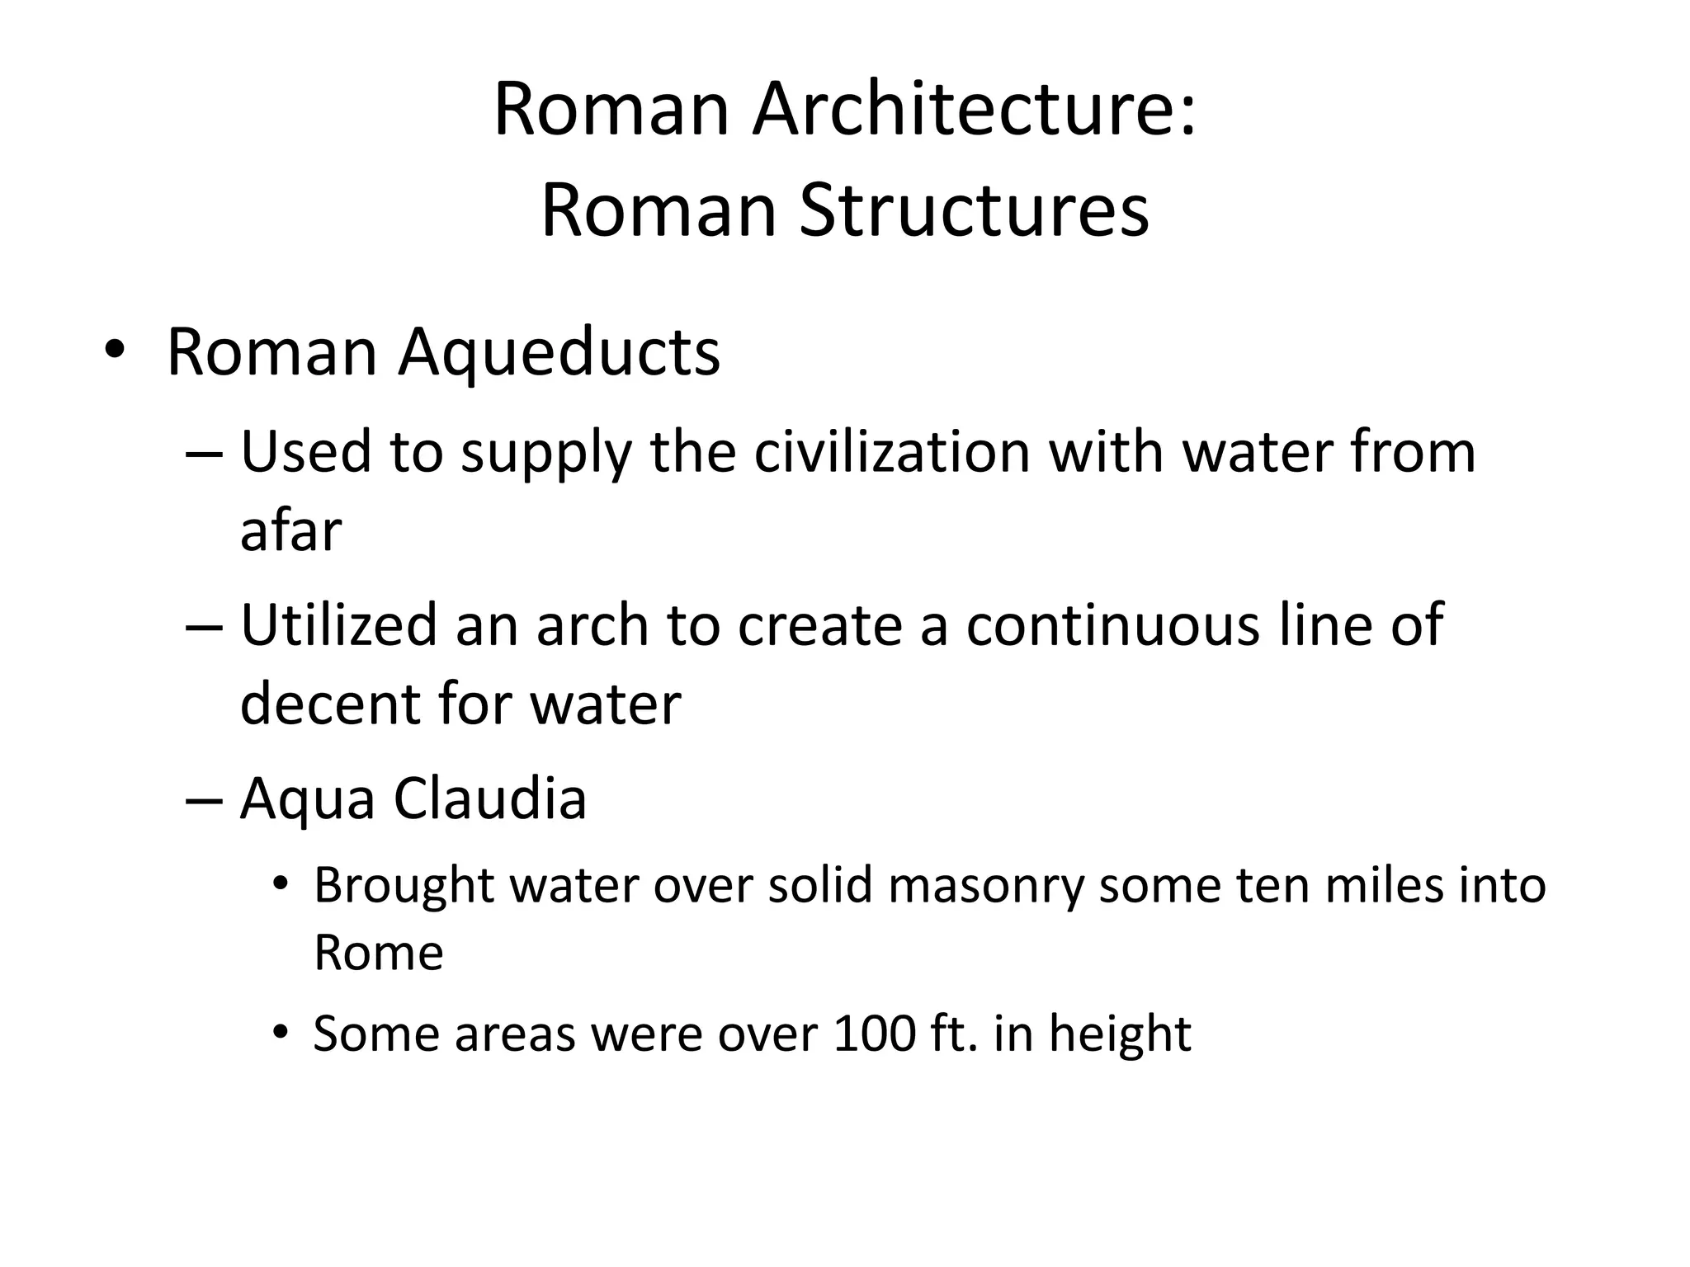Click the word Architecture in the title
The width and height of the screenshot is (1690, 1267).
(974, 110)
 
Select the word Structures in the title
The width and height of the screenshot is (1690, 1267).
(974, 210)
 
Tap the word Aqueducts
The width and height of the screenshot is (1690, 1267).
(559, 354)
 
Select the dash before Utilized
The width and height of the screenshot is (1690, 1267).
(204, 624)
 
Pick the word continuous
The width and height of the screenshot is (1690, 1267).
(1113, 624)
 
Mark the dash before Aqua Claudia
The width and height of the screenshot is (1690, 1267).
(204, 798)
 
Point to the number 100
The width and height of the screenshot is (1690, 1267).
(875, 1033)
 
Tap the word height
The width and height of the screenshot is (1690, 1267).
(1120, 1034)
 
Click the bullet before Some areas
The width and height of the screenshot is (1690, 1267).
(281, 1032)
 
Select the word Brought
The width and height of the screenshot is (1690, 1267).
(404, 886)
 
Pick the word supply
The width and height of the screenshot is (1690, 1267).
(545, 454)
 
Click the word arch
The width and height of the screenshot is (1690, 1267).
(592, 624)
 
